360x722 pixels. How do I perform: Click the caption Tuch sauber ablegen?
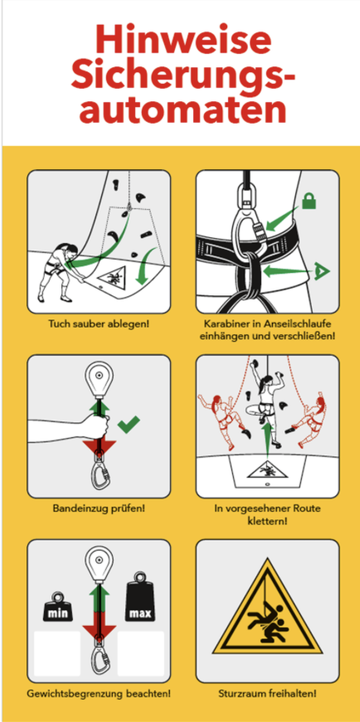99,324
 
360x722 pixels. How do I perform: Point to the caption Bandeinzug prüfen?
99,509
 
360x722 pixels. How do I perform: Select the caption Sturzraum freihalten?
267,693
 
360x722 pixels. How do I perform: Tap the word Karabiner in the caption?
224,324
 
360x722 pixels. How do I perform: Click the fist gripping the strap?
99,426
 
